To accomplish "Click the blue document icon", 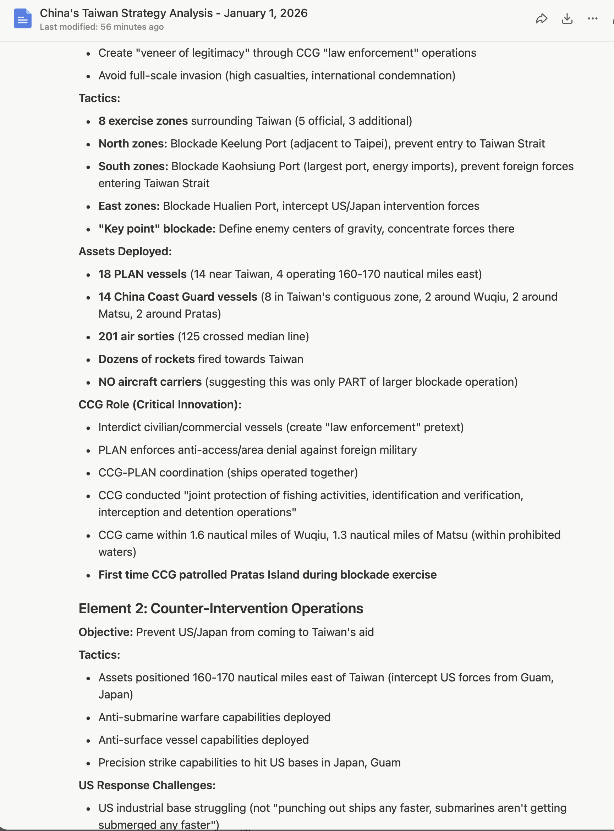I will coord(22,18).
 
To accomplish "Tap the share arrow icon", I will coord(542,18).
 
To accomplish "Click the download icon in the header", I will coord(567,18).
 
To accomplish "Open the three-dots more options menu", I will coord(592,18).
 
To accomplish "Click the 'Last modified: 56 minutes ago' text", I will coord(102,27).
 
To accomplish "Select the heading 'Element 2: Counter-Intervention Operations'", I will coord(221,609).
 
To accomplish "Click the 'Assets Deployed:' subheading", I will coord(125,251).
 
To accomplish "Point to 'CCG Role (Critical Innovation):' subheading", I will coord(160,405).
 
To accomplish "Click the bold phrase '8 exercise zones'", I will coord(143,121).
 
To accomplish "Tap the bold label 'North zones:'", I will coord(133,144).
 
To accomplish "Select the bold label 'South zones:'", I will coord(133,166).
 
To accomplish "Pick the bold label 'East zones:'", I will coord(129,206).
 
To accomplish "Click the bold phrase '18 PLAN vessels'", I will coord(142,274).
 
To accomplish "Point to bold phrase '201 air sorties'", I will coord(136,336).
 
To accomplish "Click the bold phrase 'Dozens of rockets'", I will coord(147,359).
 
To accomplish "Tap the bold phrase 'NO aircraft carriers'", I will coord(150,382).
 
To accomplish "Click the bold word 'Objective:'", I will coord(105,632).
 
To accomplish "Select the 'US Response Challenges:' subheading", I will coord(147,785).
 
